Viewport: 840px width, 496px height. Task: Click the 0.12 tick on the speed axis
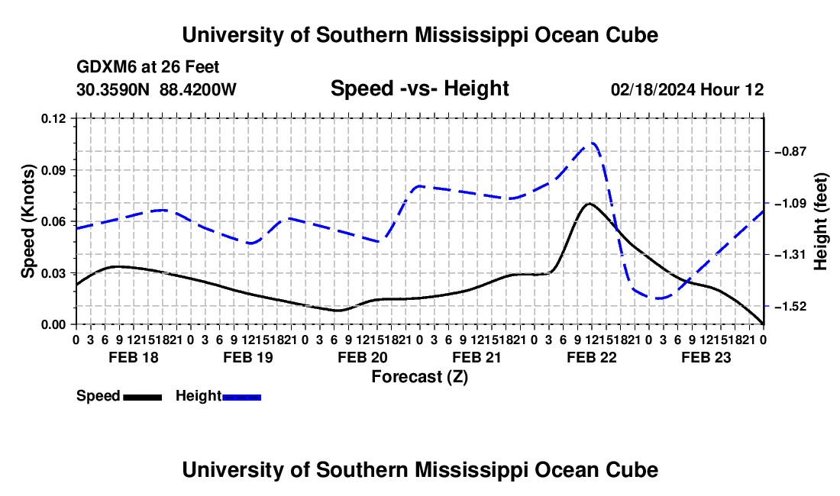(x=53, y=118)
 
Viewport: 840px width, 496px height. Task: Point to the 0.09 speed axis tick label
(x=53, y=170)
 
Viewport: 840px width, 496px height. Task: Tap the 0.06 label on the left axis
(x=53, y=221)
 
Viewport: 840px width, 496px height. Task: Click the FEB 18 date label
(x=134, y=357)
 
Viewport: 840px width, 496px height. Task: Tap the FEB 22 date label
(x=591, y=357)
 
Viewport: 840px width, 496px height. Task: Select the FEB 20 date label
(x=363, y=357)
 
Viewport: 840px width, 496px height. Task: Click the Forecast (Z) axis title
(x=419, y=377)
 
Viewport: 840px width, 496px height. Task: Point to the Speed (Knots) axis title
(x=27, y=221)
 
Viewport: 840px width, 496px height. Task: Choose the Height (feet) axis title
(x=820, y=221)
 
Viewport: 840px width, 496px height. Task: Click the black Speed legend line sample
(x=142, y=397)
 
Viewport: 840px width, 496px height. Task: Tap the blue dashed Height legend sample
(x=241, y=397)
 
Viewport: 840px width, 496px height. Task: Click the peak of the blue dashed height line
(x=593, y=143)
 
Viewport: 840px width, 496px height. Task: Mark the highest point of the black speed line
(x=590, y=203)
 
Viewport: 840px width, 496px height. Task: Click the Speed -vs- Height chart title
(x=419, y=89)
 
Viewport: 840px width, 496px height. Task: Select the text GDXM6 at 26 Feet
(x=148, y=67)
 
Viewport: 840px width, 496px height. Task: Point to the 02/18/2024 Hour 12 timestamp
(x=687, y=89)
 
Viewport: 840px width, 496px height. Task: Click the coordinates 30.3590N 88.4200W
(x=157, y=89)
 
